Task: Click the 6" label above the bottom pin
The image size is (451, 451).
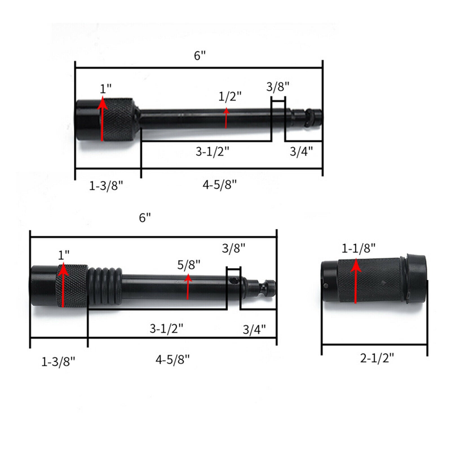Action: pos(145,217)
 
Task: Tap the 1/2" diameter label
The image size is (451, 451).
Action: pos(230,97)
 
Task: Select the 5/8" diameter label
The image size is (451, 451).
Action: pos(189,265)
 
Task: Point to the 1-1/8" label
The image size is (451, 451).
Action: pos(359,248)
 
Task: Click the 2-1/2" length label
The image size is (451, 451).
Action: pos(377,358)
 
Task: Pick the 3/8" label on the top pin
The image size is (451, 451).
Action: pos(278,87)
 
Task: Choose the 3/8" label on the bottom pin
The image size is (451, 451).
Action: pos(234,248)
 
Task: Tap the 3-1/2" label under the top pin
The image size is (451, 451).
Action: pos(213,152)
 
